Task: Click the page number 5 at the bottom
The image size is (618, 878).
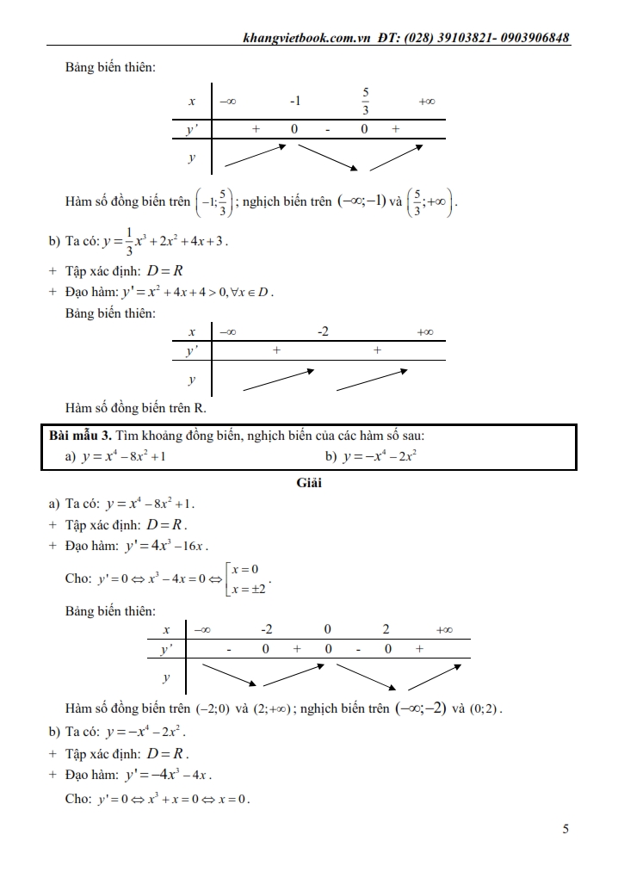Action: (565, 830)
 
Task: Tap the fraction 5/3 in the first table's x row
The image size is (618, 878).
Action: (365, 101)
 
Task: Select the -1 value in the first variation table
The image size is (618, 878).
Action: (294, 102)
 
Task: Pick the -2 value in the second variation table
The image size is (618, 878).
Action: (323, 331)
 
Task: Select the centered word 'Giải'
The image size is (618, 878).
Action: (309, 483)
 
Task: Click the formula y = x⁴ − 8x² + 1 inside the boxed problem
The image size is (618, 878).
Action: (124, 456)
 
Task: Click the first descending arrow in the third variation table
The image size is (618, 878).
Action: (227, 677)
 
